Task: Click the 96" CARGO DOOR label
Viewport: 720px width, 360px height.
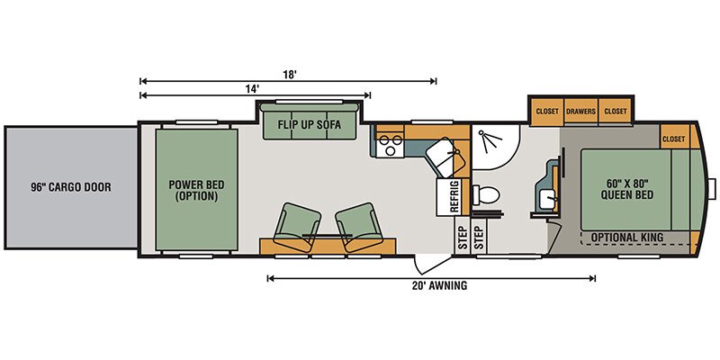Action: [x=71, y=187]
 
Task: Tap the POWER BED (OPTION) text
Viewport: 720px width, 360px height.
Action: [x=196, y=191]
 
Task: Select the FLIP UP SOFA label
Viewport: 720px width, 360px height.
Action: [x=310, y=124]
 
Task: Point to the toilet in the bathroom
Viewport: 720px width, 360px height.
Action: [x=486, y=195]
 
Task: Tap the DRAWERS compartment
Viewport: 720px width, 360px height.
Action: [x=580, y=111]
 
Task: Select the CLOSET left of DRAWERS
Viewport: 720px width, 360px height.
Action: [x=547, y=111]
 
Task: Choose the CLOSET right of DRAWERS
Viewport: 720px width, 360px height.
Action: [x=616, y=111]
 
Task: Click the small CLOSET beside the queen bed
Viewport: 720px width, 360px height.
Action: [x=673, y=139]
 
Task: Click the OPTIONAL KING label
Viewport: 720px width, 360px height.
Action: [x=626, y=238]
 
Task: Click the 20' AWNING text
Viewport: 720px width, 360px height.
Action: [x=434, y=285]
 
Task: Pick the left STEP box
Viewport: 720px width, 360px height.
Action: [x=462, y=238]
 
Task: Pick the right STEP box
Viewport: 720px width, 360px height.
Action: [x=479, y=238]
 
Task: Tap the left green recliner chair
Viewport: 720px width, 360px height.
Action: [x=297, y=227]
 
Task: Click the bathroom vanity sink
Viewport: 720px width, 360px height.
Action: [x=548, y=200]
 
